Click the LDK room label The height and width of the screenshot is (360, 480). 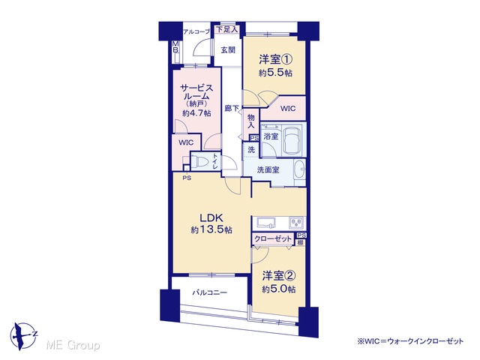tap(211, 217)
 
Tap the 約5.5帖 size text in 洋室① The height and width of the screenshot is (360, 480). tap(275, 73)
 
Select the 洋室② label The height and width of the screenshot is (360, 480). tap(278, 276)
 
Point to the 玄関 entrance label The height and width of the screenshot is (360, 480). tap(228, 50)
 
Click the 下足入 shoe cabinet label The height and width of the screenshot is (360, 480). tap(226, 29)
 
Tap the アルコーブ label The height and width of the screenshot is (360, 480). tap(196, 31)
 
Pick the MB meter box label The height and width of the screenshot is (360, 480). tap(176, 46)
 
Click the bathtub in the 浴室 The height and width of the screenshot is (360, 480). tap(293, 139)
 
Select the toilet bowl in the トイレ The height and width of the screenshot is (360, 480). tap(199, 161)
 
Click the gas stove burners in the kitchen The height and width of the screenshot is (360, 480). tap(296, 223)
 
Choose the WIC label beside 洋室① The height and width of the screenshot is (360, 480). tap(288, 108)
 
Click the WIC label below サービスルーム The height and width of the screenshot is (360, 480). tap(186, 142)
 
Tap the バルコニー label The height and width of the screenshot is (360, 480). tap(210, 292)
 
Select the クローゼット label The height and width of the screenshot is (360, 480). tap(273, 238)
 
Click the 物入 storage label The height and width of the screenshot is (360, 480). tap(251, 121)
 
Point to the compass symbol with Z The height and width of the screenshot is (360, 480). tap(23, 336)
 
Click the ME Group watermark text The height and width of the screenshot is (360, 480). tap(73, 345)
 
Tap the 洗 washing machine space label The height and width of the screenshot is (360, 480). tap(251, 150)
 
